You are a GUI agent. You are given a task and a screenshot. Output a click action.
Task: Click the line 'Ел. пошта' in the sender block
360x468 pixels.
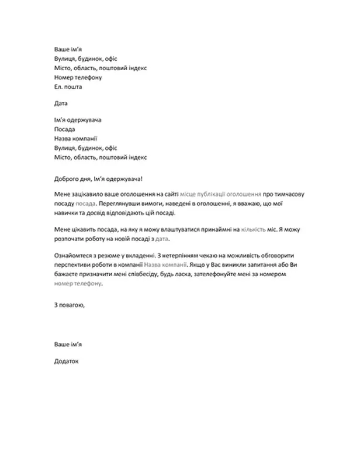(68, 87)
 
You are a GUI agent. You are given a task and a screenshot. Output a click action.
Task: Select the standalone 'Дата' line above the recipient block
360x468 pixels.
(60, 104)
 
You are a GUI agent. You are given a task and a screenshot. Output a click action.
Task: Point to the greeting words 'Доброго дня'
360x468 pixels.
(74, 178)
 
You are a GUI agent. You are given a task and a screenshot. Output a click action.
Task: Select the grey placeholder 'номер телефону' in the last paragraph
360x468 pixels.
(77, 283)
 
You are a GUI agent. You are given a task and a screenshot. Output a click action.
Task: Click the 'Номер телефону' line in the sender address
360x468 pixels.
(78, 78)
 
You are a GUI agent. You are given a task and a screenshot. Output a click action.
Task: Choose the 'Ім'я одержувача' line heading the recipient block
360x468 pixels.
(78, 120)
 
